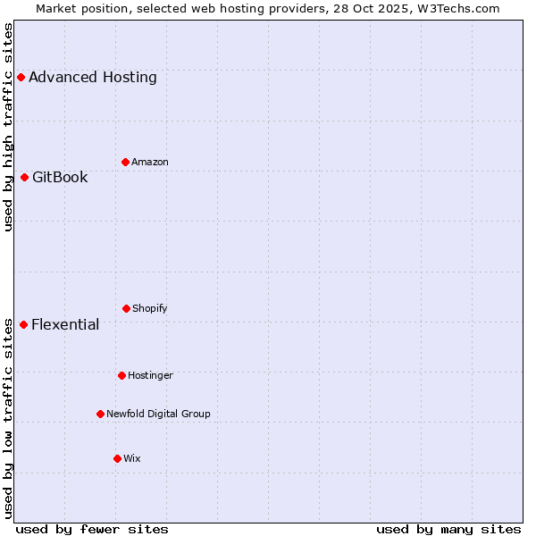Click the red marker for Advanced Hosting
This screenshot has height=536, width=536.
(21, 78)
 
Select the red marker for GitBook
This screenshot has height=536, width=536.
(24, 177)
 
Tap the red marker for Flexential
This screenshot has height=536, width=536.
(23, 324)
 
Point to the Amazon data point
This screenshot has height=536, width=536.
(125, 162)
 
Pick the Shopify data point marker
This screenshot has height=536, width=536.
(126, 308)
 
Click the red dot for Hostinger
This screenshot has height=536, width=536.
(121, 375)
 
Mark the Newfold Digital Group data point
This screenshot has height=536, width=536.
(100, 414)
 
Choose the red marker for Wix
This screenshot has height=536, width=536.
(117, 458)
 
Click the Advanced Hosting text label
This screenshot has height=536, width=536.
(93, 78)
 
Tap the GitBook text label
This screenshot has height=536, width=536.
(60, 177)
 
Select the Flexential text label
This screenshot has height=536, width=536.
(65, 324)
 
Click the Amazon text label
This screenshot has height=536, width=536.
(150, 162)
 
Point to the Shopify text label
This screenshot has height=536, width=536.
(150, 308)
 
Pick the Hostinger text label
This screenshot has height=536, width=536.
(150, 375)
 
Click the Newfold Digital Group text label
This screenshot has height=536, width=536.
(158, 414)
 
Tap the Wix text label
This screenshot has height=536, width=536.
(132, 458)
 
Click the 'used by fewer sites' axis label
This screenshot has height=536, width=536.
(92, 529)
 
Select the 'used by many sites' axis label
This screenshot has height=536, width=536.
(448, 529)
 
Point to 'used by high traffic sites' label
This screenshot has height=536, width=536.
(9, 127)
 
